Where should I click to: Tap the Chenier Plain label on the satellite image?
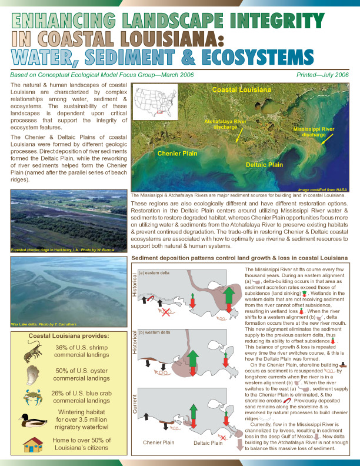point(176,153)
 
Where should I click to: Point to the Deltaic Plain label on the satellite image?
point(264,165)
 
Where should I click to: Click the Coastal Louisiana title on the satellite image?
point(241,89)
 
